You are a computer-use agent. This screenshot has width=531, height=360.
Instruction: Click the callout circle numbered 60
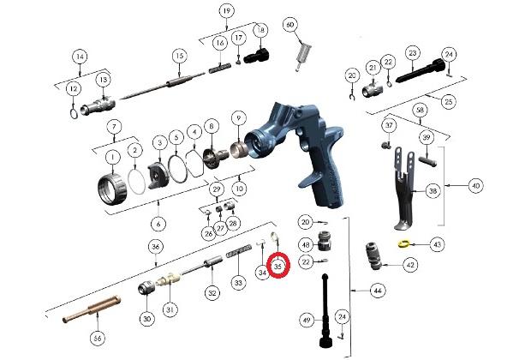289,25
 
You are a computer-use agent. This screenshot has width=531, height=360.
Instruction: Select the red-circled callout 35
278,267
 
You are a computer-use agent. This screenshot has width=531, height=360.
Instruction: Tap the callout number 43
437,244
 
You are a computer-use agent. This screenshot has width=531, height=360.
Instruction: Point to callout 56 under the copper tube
97,339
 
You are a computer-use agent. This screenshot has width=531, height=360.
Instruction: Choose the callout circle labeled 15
179,57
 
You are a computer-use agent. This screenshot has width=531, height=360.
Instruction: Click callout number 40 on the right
476,185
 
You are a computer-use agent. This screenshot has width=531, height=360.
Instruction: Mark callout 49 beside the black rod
307,321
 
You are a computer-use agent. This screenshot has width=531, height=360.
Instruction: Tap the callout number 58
420,111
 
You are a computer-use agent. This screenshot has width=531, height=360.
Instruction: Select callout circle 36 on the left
155,247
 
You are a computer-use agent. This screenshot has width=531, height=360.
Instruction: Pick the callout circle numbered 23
413,53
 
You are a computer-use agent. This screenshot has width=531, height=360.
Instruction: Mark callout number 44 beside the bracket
377,291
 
